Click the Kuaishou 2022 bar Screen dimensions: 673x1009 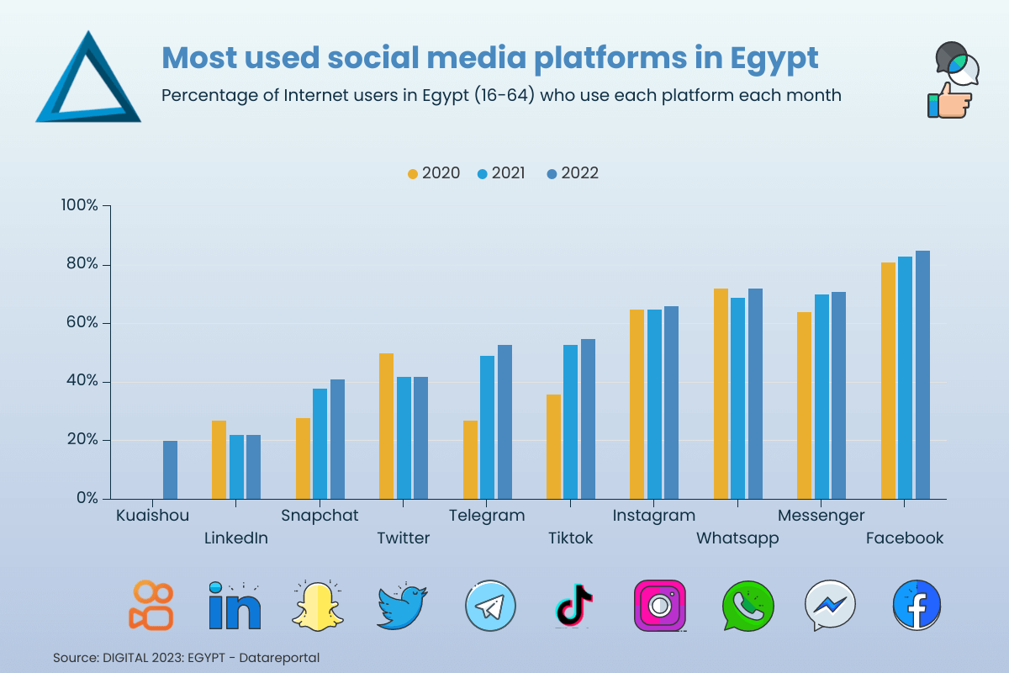[170, 469]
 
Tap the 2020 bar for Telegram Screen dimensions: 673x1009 [470, 459]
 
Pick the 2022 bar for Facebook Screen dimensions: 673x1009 [922, 374]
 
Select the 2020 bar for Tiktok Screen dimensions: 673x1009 [553, 447]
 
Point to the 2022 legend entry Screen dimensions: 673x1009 [573, 173]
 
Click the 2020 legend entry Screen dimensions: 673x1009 [434, 173]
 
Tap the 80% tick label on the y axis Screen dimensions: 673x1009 [82, 265]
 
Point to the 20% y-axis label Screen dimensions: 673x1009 [82, 440]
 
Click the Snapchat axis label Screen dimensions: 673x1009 [320, 516]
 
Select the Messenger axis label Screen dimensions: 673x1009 [821, 516]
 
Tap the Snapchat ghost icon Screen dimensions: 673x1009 [319, 605]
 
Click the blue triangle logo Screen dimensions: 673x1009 [87, 80]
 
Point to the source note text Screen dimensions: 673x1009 [186, 657]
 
